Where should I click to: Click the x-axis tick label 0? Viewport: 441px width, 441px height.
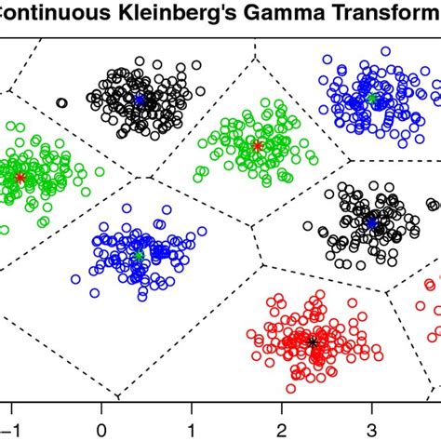(x=101, y=430)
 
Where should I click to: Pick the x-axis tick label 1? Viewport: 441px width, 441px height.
(x=192, y=430)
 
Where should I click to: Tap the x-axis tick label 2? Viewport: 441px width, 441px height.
(x=282, y=430)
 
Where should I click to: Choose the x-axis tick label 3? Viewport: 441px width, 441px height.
(x=372, y=430)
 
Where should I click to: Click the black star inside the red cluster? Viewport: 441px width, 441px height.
(x=313, y=342)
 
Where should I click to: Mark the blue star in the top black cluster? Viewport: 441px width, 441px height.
(x=140, y=100)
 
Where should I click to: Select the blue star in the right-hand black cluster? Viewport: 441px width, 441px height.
(x=371, y=223)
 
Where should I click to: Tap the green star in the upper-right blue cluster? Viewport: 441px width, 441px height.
(x=371, y=98)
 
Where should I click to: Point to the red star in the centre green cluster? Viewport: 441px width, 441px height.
(x=258, y=145)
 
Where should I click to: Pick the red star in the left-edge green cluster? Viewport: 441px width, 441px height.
(x=20, y=177)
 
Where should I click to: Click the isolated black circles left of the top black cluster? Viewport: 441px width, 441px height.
(x=61, y=103)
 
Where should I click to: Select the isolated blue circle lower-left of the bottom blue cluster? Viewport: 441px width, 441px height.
(x=77, y=277)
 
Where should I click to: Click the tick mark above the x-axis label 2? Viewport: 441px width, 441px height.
(x=282, y=406)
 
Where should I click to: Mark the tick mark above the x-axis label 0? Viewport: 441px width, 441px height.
(x=101, y=406)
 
